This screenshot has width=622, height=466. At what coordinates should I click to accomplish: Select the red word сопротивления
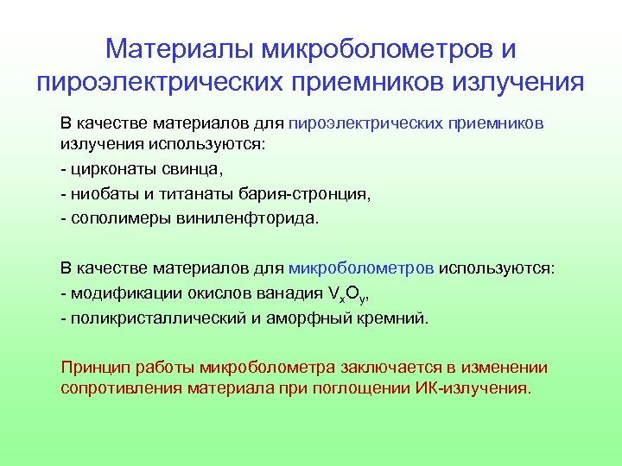[117, 388]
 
